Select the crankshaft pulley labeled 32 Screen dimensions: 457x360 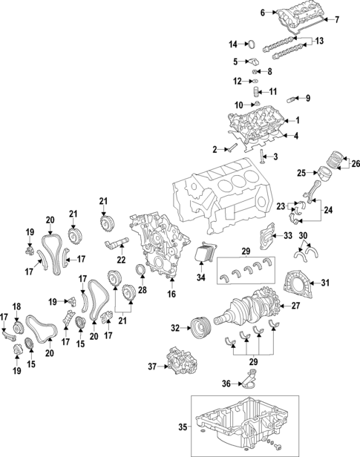[199, 326]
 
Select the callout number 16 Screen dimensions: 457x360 [172, 295]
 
